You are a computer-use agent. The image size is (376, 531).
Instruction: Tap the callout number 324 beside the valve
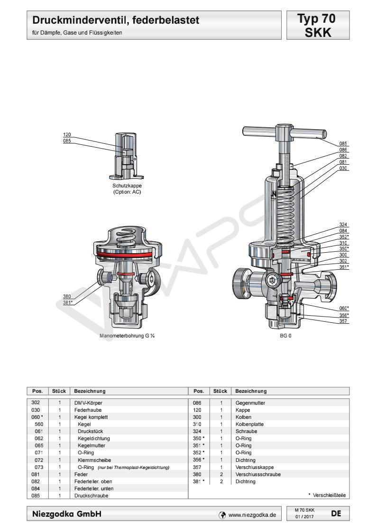(343, 224)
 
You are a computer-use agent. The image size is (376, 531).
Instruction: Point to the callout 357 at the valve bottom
(343, 321)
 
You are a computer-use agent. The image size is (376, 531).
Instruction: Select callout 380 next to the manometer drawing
(67, 297)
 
